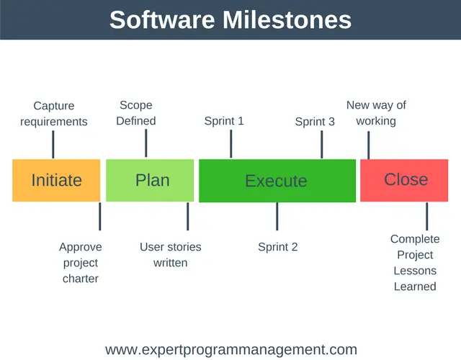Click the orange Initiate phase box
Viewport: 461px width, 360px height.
coord(56,180)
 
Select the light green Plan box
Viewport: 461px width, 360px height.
coord(150,180)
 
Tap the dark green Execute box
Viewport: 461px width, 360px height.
coord(277,181)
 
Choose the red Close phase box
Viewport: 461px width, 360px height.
coord(406,180)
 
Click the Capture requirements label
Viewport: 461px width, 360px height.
coord(54,114)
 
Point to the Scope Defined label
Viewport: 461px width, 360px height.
coord(136,113)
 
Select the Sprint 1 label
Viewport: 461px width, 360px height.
coord(224,121)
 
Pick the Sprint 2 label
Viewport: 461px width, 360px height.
coord(278,247)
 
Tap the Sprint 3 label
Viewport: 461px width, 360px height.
coord(315,122)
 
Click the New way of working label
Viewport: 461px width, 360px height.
coord(376,113)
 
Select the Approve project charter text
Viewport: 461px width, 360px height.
coord(81,262)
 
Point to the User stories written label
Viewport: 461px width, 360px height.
coord(171,255)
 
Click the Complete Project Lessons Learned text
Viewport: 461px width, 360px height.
coord(415,262)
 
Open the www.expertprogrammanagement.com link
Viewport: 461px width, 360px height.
coord(230,350)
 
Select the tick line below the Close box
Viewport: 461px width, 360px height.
coord(426,216)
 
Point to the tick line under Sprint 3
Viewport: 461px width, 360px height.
coord(322,144)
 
